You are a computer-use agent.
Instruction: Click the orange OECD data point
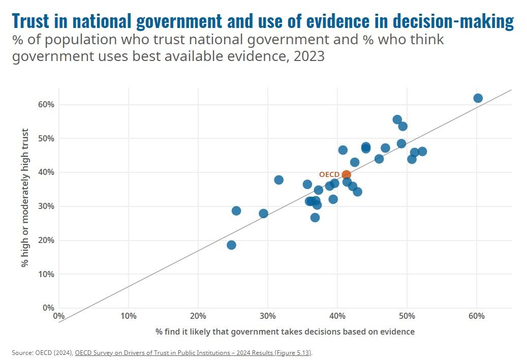click(x=346, y=174)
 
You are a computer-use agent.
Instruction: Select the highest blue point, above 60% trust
click(x=478, y=98)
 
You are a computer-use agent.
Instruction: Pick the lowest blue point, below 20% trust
click(x=231, y=245)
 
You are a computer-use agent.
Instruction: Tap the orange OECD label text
click(x=329, y=174)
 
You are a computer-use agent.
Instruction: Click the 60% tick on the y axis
click(x=46, y=105)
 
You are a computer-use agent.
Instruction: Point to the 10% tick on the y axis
click(x=46, y=274)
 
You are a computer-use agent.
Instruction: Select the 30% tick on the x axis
click(x=267, y=316)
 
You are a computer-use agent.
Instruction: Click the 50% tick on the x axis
click(x=407, y=316)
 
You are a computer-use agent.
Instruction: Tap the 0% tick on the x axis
click(x=59, y=316)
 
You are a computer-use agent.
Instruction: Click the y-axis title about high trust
click(x=24, y=198)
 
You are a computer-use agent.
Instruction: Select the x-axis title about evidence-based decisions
click(x=285, y=332)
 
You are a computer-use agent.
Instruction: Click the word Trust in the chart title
click(x=30, y=21)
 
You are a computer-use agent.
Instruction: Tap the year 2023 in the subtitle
click(x=309, y=56)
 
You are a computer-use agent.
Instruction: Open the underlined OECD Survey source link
click(x=193, y=352)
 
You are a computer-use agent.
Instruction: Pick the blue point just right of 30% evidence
click(x=278, y=180)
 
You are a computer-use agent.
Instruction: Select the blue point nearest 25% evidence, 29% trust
click(x=236, y=211)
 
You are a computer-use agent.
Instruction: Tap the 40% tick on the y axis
click(x=46, y=172)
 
